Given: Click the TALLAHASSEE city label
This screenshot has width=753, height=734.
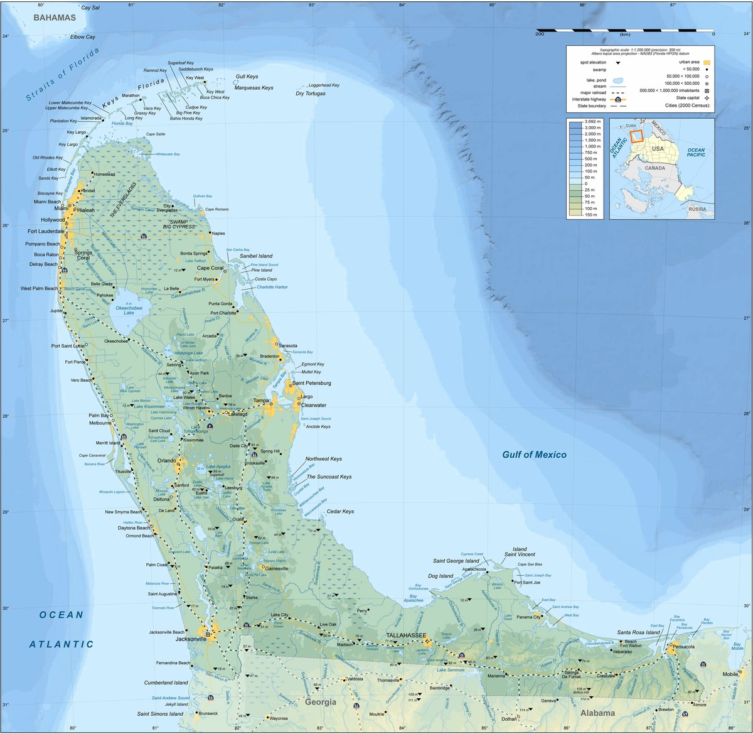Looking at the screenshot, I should pyautogui.click(x=405, y=635).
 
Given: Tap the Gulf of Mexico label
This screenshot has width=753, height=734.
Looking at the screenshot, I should pyautogui.click(x=534, y=455).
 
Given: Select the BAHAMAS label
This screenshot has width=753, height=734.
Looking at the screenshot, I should pyautogui.click(x=55, y=18).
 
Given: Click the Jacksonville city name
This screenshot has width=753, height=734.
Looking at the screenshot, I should pyautogui.click(x=191, y=639).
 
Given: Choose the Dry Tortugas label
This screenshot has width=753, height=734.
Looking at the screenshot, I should pyautogui.click(x=311, y=94).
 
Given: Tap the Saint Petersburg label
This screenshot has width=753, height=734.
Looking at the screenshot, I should pyautogui.click(x=311, y=383).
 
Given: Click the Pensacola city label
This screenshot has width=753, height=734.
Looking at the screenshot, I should pyautogui.click(x=685, y=646).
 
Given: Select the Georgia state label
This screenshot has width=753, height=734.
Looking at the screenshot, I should pyautogui.click(x=321, y=702).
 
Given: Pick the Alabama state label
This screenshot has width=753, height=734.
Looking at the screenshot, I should pyautogui.click(x=597, y=713).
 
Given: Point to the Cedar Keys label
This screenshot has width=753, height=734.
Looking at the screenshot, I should pyautogui.click(x=340, y=512).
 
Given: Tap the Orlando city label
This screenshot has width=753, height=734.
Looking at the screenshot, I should pyautogui.click(x=166, y=460).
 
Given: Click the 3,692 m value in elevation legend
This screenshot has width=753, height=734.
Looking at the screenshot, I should pyautogui.click(x=594, y=121).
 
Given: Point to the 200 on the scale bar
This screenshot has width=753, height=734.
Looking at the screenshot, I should pyautogui.click(x=539, y=35).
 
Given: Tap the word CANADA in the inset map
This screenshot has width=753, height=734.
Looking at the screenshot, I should pyautogui.click(x=654, y=168).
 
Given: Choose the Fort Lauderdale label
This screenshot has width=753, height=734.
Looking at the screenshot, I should pyautogui.click(x=46, y=232).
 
